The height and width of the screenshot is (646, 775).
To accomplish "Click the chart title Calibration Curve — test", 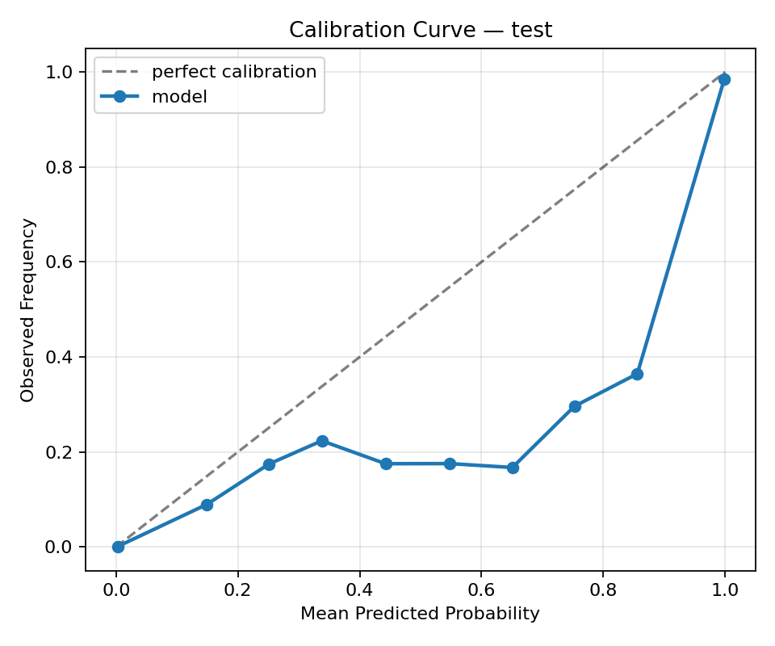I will (421, 31).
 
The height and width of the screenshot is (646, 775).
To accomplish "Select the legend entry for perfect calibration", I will (234, 72).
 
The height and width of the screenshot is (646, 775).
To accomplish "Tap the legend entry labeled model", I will (179, 97).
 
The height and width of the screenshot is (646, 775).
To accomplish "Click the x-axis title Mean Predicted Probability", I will (420, 614).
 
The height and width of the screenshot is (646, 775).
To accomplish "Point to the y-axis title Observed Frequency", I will (28, 309).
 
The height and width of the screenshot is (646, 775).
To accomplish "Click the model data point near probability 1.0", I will (724, 79).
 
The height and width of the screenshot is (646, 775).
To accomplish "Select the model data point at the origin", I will (118, 547).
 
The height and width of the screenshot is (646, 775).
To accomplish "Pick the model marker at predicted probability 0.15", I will (207, 505).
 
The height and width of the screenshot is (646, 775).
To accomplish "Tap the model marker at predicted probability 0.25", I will (269, 464).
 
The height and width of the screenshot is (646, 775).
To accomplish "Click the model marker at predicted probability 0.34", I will (322, 441).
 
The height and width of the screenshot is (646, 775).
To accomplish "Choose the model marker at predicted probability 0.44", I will (386, 464).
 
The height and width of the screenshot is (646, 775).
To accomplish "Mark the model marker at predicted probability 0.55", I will (450, 464).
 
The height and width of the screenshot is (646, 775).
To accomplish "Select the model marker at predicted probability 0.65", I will (513, 468).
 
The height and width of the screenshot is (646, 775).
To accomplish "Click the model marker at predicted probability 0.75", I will (575, 406).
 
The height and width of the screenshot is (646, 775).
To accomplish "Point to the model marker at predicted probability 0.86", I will (637, 374).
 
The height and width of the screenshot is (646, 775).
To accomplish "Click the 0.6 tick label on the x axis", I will (481, 589).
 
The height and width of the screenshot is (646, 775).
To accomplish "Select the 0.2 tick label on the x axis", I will (237, 589).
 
